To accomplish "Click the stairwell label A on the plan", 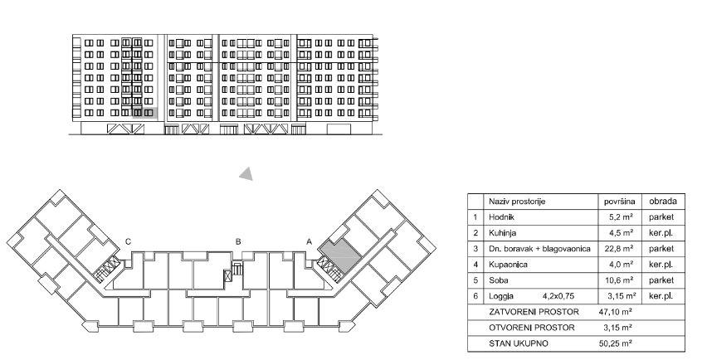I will pos(310,241).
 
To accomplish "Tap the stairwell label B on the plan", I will pos(238,241).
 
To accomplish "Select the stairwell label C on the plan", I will pos(127,241).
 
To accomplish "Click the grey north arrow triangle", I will pos(246,173).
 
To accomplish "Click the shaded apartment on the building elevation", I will pos(149,114).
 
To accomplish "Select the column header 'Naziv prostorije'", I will pos(517,202).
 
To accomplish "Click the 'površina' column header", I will pos(620,202).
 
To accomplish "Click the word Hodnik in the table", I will pos(502,216).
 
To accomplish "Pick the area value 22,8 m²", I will pos(620,248).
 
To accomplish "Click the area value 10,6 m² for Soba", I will pos(620,280).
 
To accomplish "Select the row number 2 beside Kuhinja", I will pos(475,232).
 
